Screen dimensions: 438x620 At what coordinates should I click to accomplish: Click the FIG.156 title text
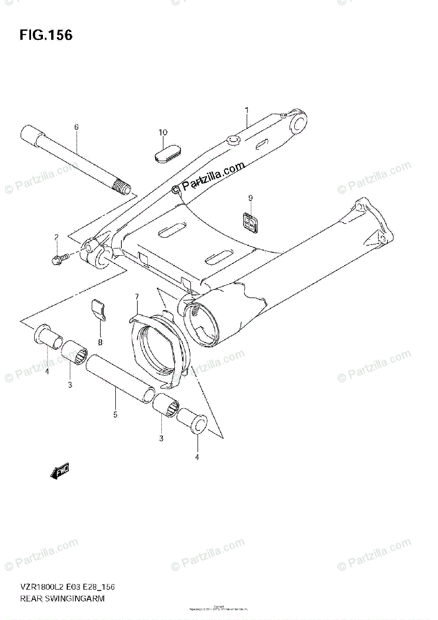coord(46,36)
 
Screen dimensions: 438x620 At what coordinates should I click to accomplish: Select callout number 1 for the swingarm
coord(247,110)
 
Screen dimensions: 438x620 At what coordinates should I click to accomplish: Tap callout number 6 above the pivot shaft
coord(76,127)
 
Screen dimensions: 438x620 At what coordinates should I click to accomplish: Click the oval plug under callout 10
coord(169,153)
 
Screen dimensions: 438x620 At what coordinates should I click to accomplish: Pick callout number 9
coord(250,198)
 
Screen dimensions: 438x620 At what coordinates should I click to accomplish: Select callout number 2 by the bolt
coord(56,237)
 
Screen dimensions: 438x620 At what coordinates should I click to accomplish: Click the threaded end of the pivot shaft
coord(122,187)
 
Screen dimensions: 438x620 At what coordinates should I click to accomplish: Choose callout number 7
coord(137,297)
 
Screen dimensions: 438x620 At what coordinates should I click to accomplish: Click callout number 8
coord(100,342)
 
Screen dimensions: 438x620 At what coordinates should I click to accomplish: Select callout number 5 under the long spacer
coord(115,414)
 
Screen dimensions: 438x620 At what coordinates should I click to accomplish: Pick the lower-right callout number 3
coord(161,439)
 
